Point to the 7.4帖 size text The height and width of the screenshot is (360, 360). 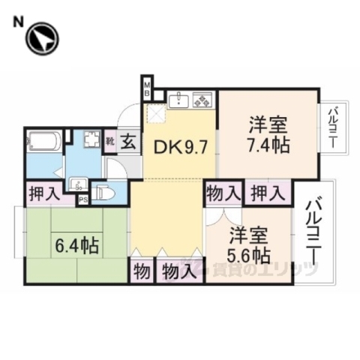266,145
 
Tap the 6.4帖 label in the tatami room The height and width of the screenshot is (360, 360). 77,244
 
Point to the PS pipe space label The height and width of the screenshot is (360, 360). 83,199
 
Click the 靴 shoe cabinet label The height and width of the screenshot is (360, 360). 109,140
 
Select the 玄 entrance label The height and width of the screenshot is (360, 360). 127,139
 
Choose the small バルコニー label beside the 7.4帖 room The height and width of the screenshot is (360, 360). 331,128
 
